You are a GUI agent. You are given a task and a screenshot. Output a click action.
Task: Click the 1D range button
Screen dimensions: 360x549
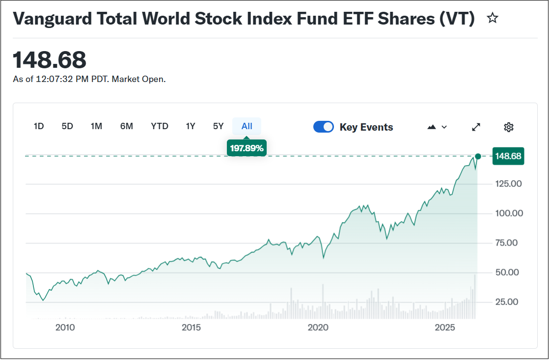[39, 126]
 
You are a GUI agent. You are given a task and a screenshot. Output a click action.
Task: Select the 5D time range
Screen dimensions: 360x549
[67, 126]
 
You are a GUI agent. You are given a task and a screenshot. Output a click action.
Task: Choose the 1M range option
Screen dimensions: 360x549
[96, 126]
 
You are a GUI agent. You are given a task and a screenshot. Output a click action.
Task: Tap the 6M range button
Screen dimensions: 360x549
[127, 126]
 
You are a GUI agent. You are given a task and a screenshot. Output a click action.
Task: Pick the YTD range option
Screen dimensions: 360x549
[160, 126]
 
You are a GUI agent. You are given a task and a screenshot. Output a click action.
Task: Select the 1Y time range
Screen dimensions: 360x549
[191, 126]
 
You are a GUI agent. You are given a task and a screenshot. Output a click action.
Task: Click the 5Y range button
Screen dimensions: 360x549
[219, 126]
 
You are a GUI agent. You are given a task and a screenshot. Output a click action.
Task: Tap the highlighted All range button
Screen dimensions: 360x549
[247, 126]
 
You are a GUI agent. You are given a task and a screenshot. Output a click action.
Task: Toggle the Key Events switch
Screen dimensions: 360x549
[324, 127]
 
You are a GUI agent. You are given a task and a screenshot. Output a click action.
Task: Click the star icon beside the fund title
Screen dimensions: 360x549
[492, 19]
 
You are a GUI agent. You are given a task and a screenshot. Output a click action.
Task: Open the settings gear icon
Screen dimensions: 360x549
[509, 127]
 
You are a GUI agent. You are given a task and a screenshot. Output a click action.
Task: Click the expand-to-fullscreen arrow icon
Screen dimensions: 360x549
[476, 127]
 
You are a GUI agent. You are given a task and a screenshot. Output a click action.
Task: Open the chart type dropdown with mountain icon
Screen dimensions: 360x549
[437, 127]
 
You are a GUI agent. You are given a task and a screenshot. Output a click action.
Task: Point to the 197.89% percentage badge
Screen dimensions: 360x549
[247, 148]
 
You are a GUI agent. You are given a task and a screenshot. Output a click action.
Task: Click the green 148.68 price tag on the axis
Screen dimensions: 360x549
[508, 156]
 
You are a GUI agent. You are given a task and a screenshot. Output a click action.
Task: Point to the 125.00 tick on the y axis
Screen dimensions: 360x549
[509, 184]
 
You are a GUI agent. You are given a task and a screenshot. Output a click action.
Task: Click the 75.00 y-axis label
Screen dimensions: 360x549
[509, 243]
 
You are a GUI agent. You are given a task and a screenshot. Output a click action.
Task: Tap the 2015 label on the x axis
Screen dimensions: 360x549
[192, 328]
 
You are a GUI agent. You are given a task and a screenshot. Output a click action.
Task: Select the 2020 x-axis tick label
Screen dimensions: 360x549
[318, 328]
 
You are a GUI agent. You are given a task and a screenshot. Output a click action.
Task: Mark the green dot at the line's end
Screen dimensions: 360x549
[478, 156]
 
